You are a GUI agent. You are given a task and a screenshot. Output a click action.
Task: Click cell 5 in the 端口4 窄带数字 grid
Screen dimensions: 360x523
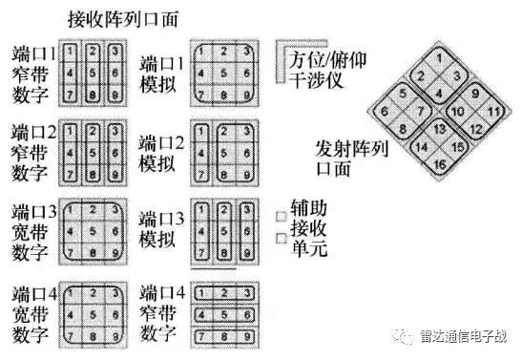click(223, 313)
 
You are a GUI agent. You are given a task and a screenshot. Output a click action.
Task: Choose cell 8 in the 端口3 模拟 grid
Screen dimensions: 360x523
click(223, 255)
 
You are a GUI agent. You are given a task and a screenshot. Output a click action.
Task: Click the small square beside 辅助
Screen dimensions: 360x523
click(282, 217)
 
